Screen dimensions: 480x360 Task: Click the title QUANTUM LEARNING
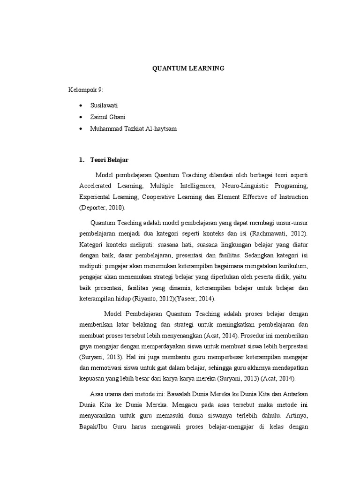pos(188,68)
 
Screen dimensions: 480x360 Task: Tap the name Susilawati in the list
pos(104,106)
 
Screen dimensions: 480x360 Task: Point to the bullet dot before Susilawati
pos(81,106)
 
